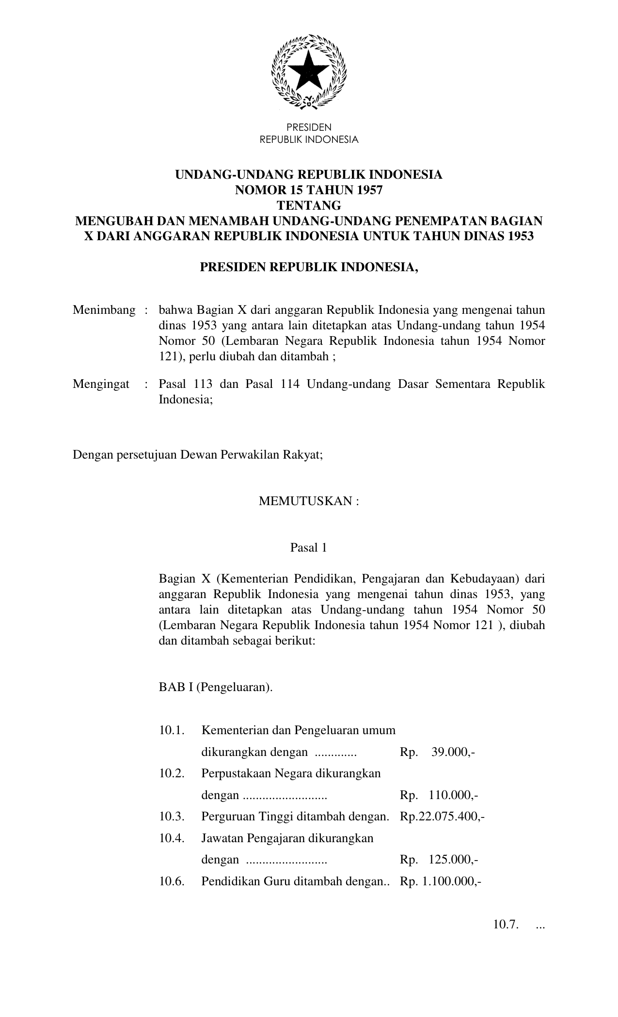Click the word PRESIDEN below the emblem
(x=309, y=127)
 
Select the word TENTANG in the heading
(x=309, y=205)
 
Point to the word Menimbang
(x=104, y=310)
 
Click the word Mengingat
(x=101, y=384)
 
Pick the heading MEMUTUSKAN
(x=309, y=501)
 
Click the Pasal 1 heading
(x=308, y=548)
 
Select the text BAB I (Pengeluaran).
(x=216, y=687)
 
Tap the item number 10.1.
(x=172, y=730)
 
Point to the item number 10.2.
(x=172, y=773)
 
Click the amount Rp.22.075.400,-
(x=443, y=817)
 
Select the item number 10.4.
(x=172, y=838)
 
